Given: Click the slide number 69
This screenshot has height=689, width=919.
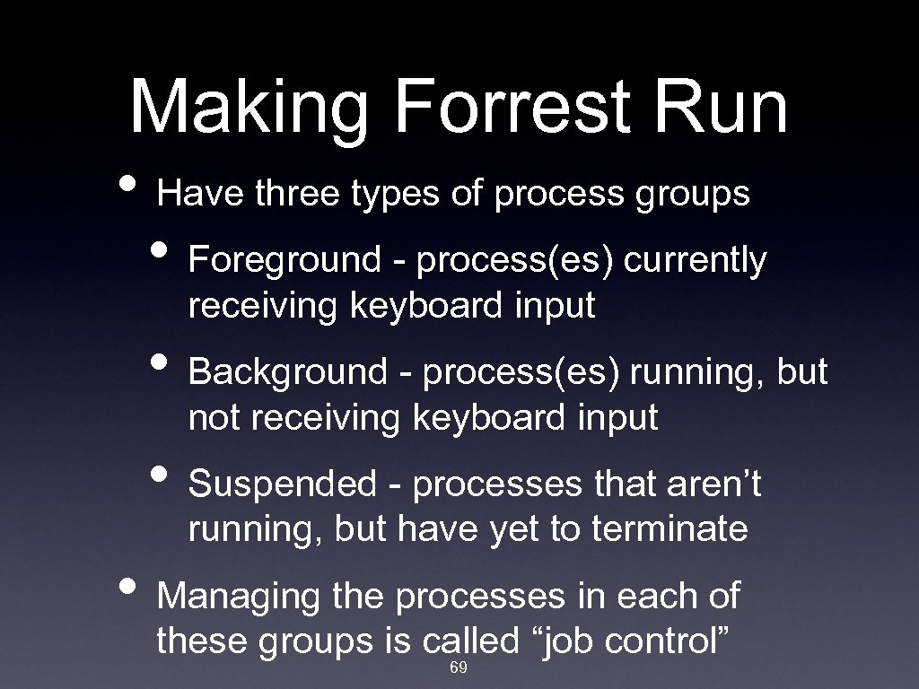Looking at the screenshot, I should (458, 669).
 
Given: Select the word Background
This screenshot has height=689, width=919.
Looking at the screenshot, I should (286, 372).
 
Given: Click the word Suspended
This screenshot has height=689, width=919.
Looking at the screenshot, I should (283, 484).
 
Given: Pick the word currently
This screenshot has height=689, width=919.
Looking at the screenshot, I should (696, 261).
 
